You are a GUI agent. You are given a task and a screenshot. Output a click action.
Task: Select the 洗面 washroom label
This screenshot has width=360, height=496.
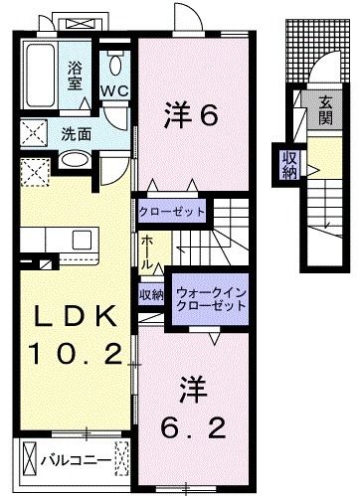[76, 131]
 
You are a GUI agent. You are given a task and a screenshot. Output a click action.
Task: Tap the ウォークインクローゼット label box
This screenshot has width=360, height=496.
[210, 298]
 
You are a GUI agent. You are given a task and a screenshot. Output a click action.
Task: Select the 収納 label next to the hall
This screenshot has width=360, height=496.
[151, 295]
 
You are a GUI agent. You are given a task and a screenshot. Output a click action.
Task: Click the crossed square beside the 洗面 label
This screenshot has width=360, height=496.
[33, 131]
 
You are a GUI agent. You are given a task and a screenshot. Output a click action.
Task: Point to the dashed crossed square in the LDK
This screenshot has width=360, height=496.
[34, 173]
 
